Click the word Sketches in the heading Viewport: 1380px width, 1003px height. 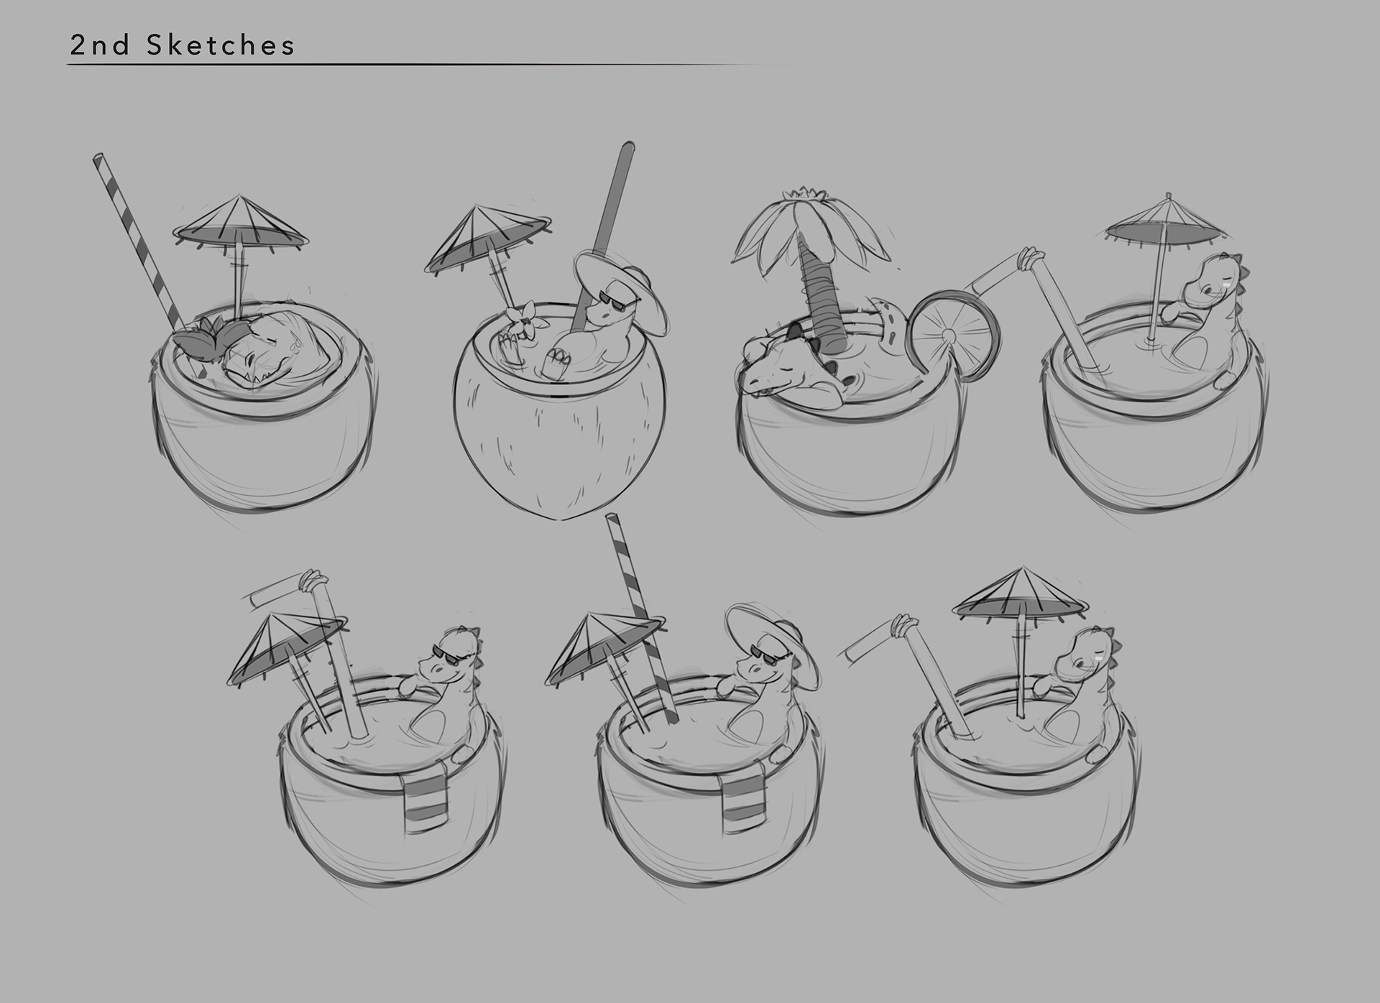click(x=221, y=45)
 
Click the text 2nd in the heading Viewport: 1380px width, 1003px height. click(x=100, y=45)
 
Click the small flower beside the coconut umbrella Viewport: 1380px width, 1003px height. click(x=523, y=317)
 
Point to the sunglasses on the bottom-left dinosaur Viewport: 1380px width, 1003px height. click(x=449, y=653)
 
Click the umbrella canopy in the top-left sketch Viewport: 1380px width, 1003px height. click(x=241, y=225)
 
